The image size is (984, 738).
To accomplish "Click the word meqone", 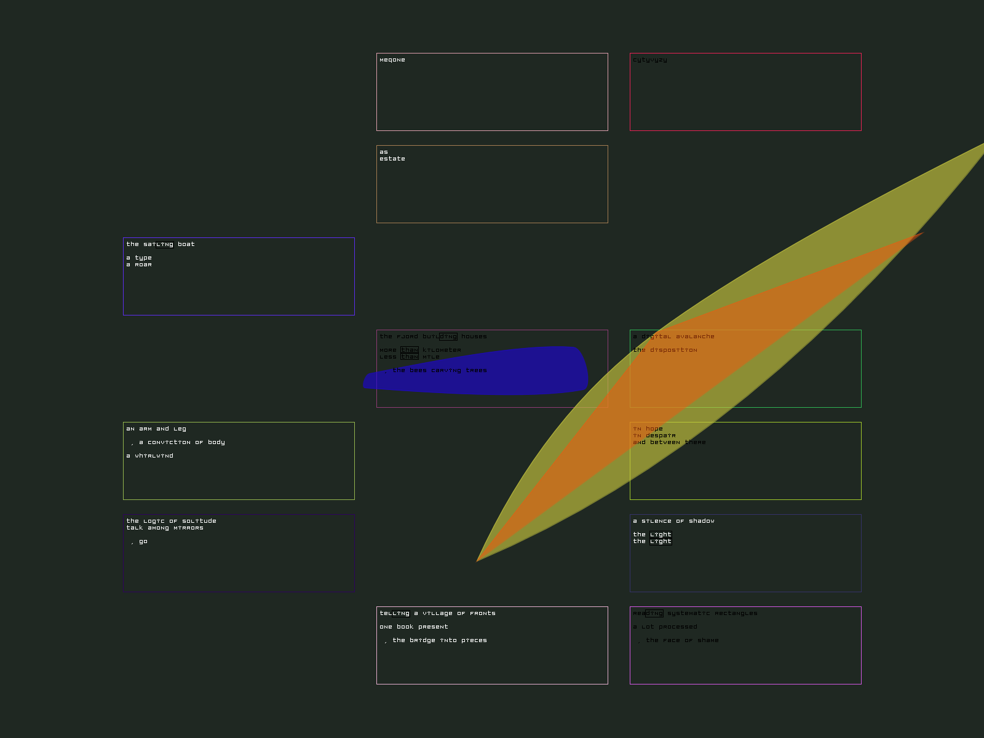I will click(x=392, y=60).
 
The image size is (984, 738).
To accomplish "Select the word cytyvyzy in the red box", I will click(x=649, y=60).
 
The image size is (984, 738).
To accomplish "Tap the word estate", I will click(x=392, y=159).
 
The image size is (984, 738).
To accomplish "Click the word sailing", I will click(x=158, y=244).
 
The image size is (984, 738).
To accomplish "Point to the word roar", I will click(x=143, y=264).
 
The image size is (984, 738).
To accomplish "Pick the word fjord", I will click(x=407, y=336).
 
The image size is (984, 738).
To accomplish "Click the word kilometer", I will click(x=441, y=350).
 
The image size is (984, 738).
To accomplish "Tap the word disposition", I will click(x=673, y=350).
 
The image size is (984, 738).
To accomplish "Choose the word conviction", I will click(x=169, y=442).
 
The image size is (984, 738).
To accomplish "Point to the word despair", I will click(x=661, y=435).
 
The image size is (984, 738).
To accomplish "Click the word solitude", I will click(x=199, y=521).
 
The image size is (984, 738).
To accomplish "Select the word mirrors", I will click(x=188, y=528).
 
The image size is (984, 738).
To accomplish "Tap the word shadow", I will click(x=701, y=521).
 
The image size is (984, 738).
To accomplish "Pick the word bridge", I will click(x=423, y=640).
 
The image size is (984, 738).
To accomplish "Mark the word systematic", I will click(x=688, y=613).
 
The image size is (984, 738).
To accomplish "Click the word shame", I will click(x=708, y=640).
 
